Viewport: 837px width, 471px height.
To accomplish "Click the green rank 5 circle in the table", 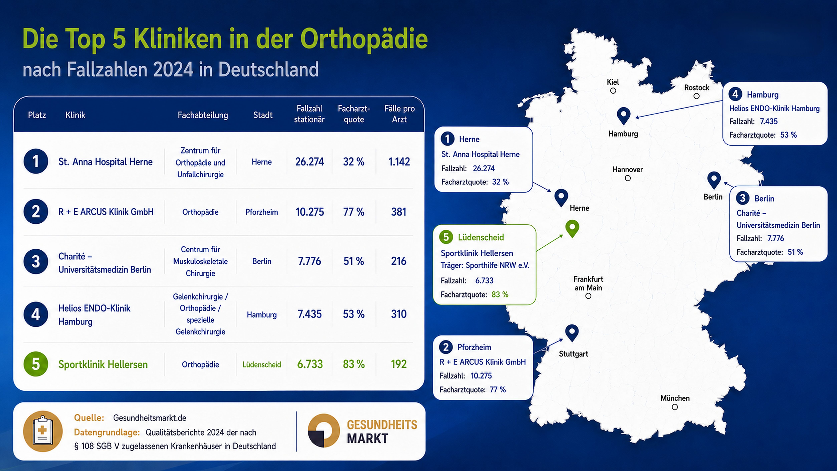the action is [36, 364].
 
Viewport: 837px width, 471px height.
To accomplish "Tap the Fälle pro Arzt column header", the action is [399, 114].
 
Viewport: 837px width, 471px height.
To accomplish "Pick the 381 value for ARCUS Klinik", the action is [399, 212].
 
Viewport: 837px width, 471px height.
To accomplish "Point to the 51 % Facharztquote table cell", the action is [354, 261].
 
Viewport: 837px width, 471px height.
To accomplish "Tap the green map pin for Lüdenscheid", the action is [572, 228].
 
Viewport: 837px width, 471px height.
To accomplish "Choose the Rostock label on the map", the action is [697, 88].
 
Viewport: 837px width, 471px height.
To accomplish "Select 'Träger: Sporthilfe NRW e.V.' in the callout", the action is [485, 265].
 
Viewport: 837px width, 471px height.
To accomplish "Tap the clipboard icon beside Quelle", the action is [43, 431].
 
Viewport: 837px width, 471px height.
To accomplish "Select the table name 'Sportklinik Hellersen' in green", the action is [103, 364].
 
